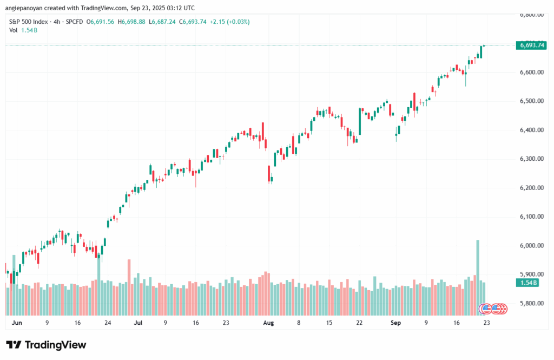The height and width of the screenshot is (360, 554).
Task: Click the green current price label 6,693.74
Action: [x=531, y=45]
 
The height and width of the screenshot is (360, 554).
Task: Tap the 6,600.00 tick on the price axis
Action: [x=531, y=72]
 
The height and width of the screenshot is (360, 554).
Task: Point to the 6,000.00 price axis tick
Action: [x=531, y=246]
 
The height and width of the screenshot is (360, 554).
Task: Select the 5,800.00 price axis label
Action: [x=531, y=304]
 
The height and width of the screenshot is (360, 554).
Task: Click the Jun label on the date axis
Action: [x=16, y=322]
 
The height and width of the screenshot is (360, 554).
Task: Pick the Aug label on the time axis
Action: [x=268, y=322]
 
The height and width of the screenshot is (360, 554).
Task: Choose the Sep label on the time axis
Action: [x=395, y=322]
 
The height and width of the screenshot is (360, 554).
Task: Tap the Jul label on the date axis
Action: [x=138, y=322]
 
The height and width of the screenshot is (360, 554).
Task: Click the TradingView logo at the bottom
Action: [x=46, y=345]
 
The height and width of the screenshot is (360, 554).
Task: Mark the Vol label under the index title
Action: [x=14, y=30]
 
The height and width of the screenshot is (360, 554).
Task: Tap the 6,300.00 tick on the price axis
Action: [x=531, y=159]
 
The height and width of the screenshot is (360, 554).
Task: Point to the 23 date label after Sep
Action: [x=487, y=322]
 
